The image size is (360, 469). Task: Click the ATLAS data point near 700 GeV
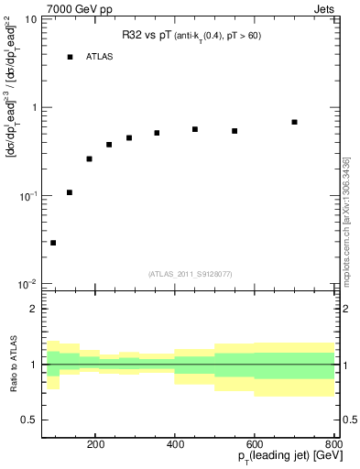[294, 122]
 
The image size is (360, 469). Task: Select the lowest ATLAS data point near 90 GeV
[53, 243]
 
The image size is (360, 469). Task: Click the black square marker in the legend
[70, 57]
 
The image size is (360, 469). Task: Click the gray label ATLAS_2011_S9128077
[188, 273]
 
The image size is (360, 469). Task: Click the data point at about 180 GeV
[89, 158]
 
